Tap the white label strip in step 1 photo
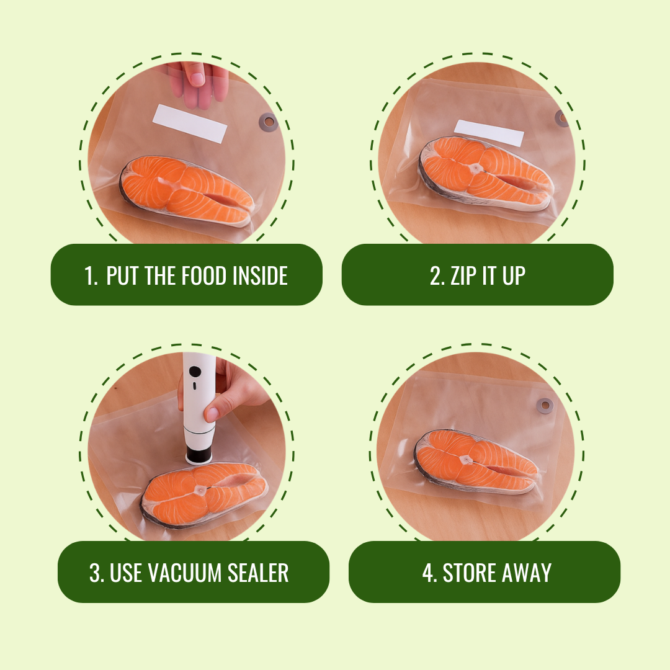point(190,123)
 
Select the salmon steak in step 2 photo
point(484,171)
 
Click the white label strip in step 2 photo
point(489,133)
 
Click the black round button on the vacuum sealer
point(195,372)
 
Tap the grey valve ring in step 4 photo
point(545,406)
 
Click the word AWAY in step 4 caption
point(526,573)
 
